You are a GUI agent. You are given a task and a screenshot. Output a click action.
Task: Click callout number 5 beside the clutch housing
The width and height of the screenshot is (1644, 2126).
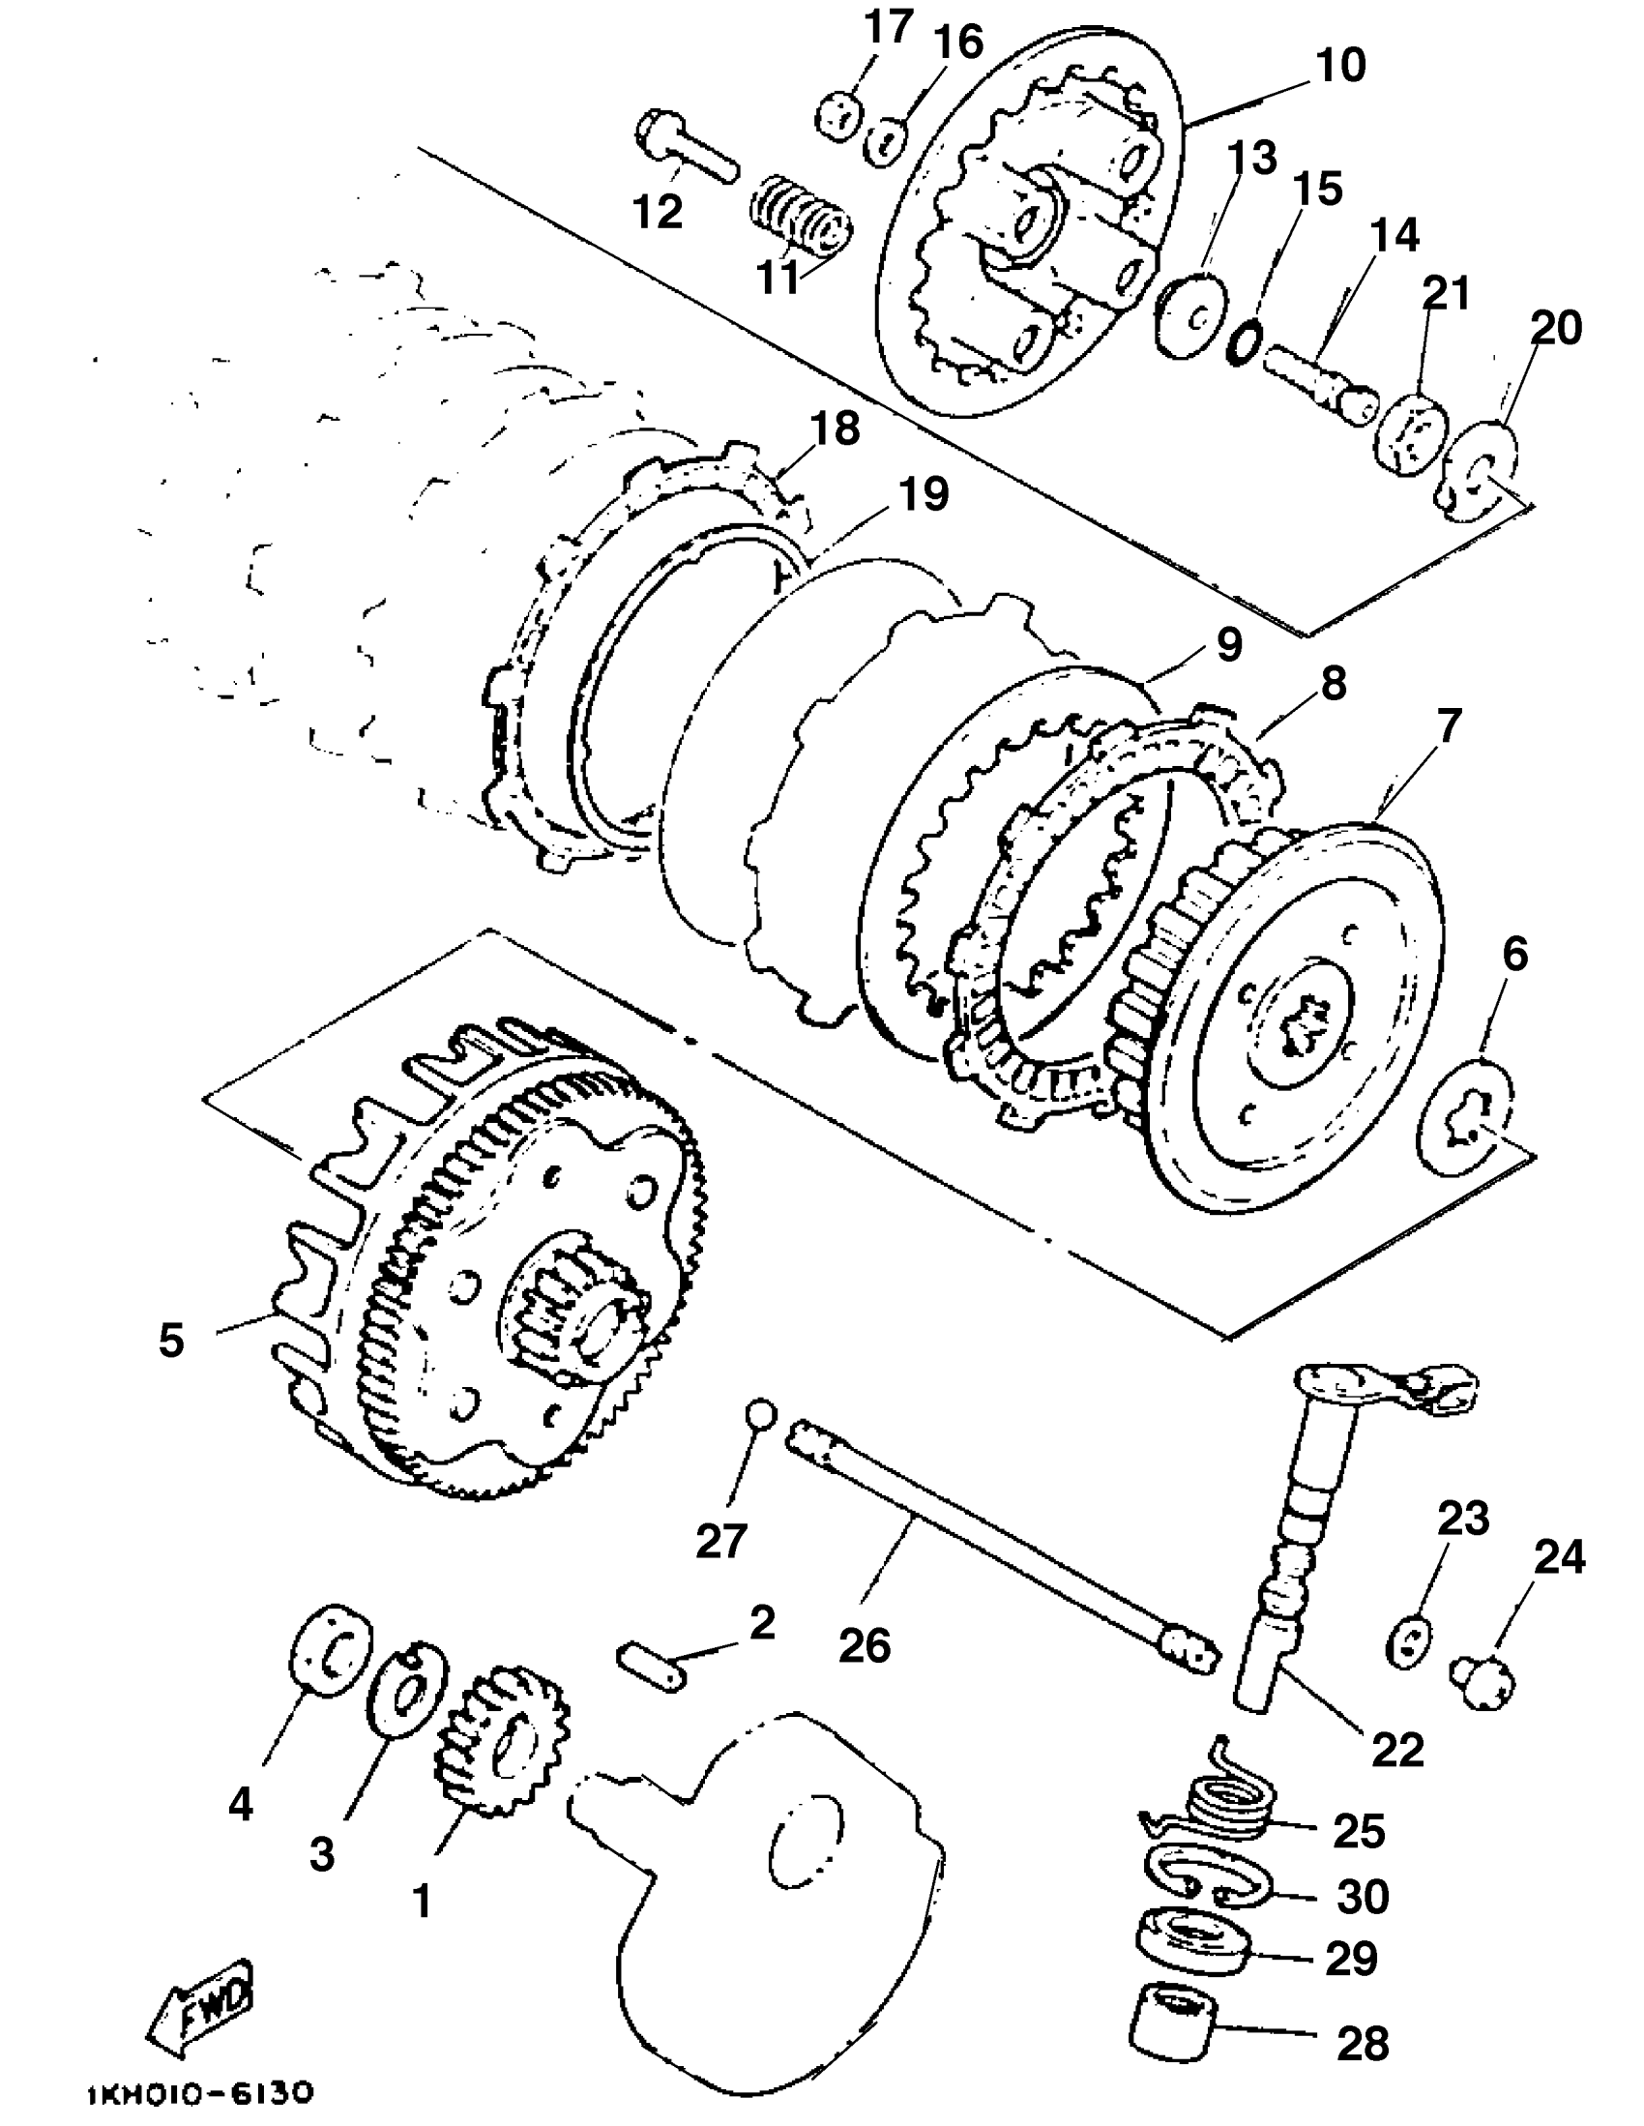(171, 1341)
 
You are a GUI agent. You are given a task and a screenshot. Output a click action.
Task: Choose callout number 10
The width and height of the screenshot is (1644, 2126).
(1340, 65)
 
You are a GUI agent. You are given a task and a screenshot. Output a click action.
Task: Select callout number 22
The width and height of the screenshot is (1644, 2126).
(1397, 1750)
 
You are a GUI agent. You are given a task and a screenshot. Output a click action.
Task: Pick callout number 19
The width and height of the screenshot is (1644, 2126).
(923, 495)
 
